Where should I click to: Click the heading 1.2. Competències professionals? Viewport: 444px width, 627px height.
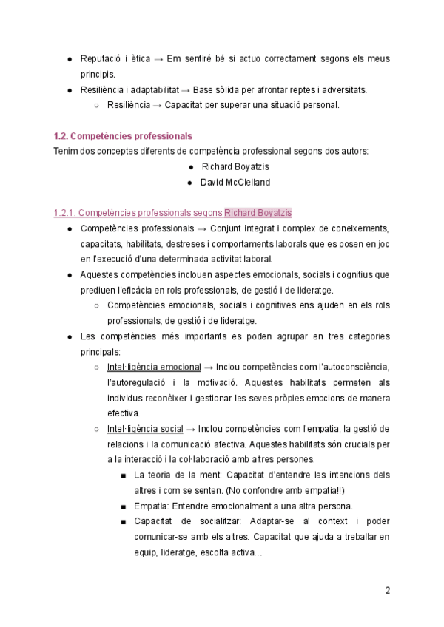(123, 136)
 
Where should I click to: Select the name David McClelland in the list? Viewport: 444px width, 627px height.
(235, 182)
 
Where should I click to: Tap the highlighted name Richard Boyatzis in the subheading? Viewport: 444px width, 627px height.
(258, 213)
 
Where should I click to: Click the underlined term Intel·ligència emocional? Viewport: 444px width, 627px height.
(154, 367)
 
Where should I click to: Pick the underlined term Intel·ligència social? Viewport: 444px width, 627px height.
(145, 429)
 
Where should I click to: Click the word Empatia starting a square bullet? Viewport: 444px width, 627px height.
(150, 506)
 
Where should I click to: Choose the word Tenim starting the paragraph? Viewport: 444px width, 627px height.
(66, 151)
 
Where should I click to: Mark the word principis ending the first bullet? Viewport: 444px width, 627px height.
(98, 74)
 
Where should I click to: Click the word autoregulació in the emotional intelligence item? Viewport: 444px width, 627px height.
(135, 382)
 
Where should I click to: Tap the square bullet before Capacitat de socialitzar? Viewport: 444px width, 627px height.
(123, 522)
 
